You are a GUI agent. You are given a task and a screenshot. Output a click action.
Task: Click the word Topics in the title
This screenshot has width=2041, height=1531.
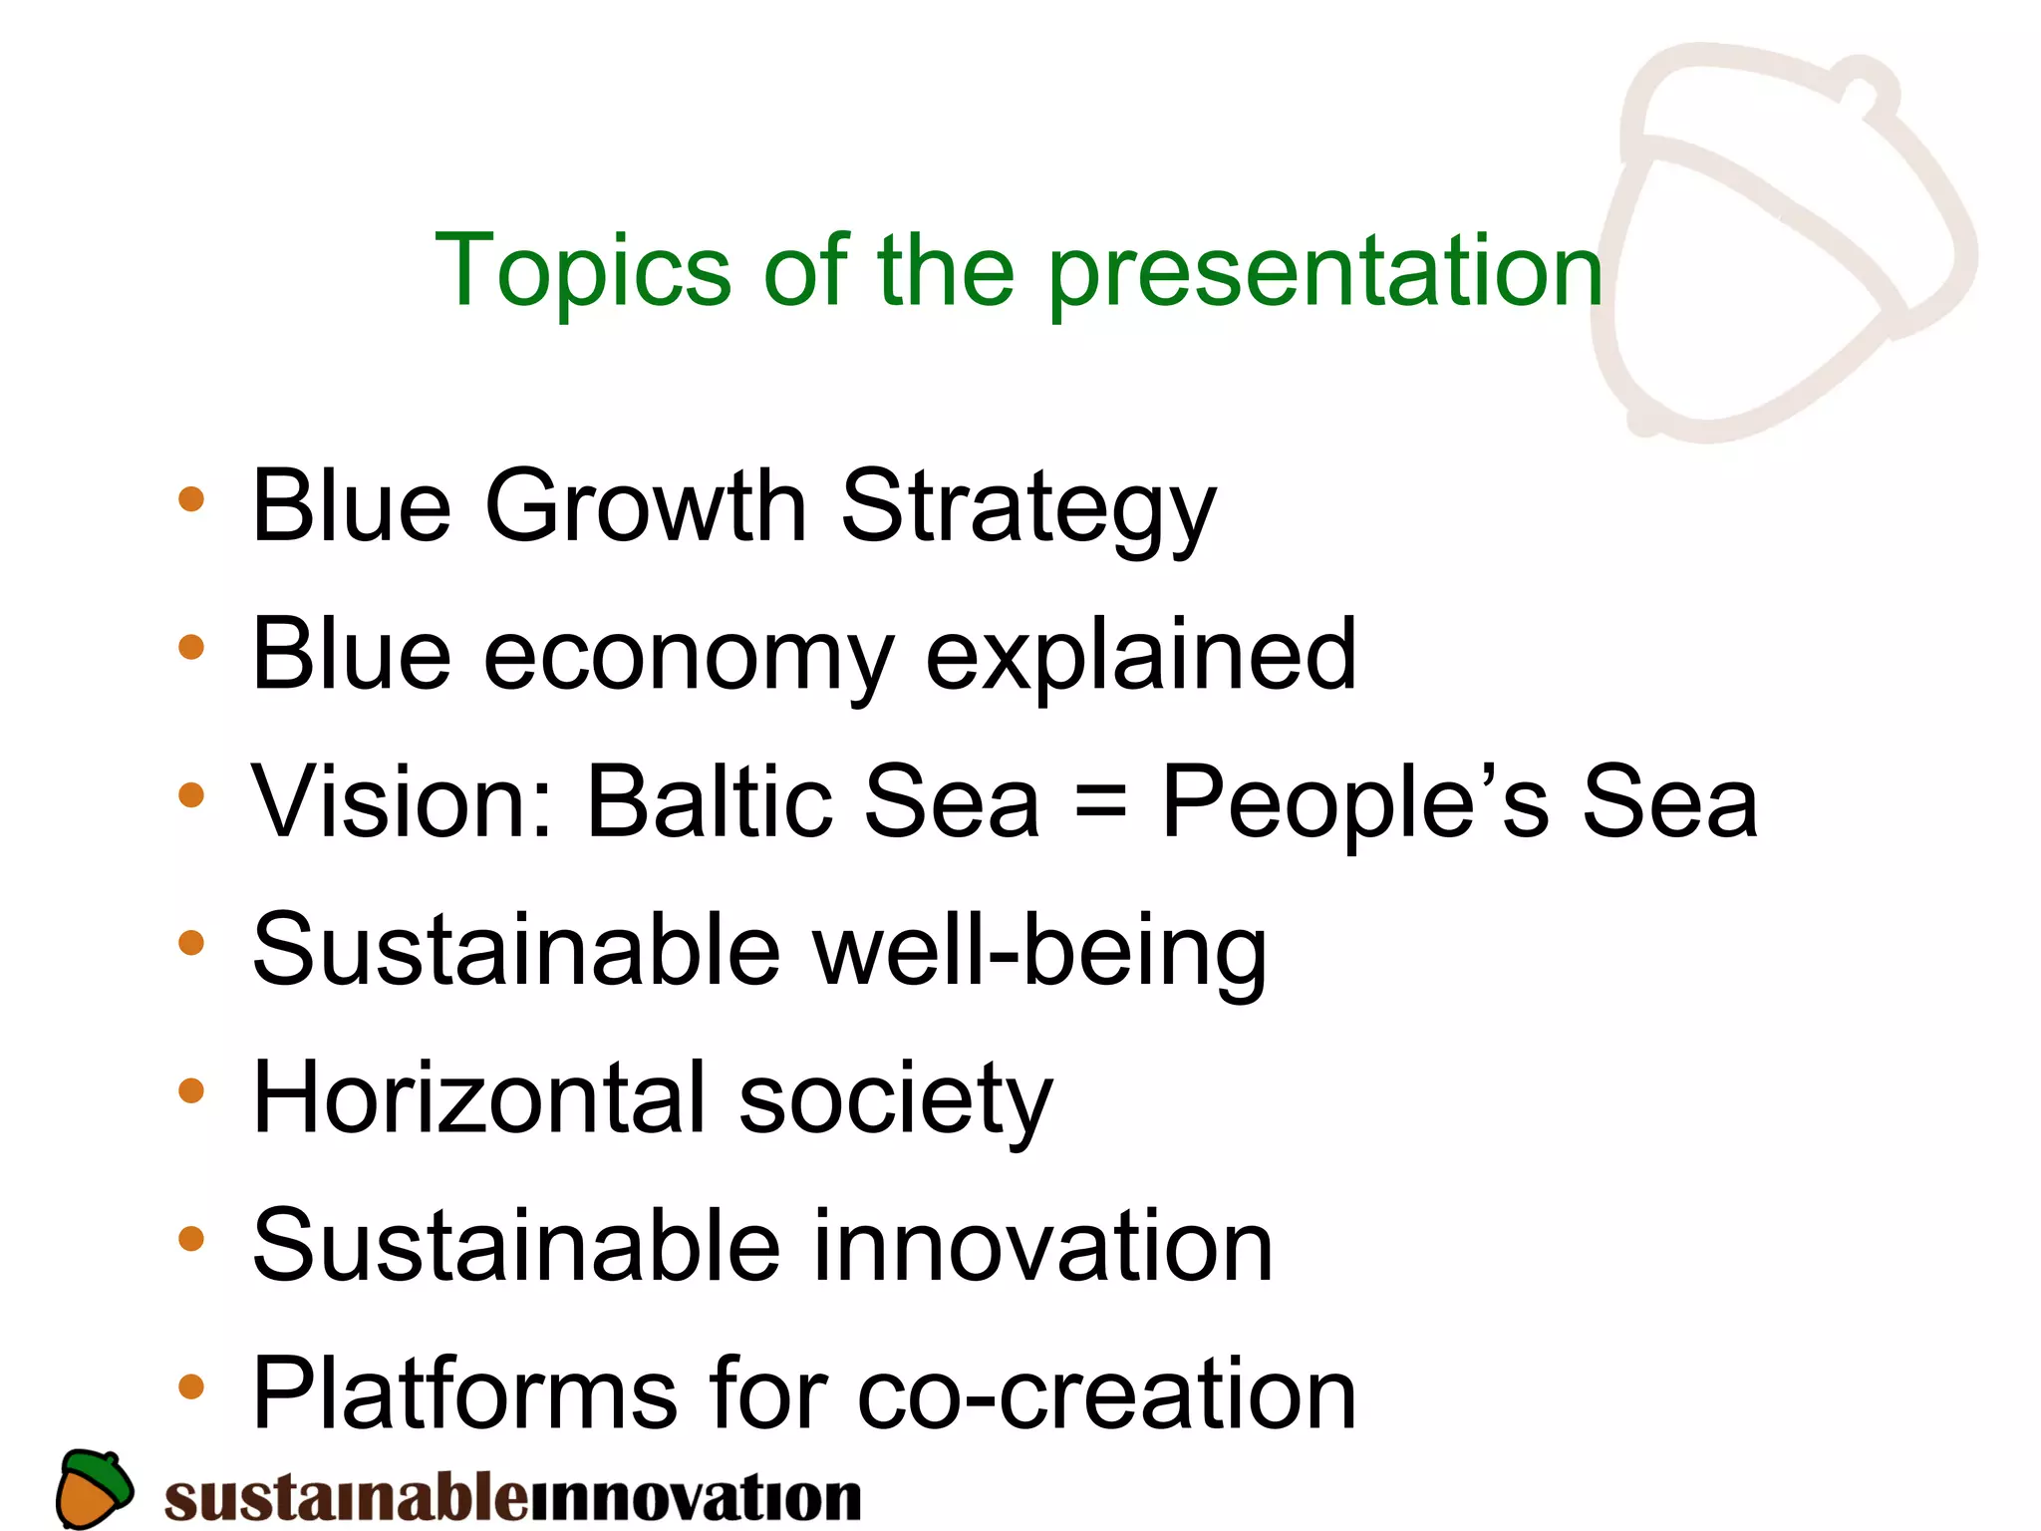583,271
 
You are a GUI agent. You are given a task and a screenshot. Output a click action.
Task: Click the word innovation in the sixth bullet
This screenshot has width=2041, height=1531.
1042,1246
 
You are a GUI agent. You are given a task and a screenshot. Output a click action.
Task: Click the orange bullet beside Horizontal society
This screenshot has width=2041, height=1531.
190,1090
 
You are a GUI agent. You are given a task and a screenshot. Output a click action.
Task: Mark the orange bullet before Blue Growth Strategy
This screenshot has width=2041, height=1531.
190,499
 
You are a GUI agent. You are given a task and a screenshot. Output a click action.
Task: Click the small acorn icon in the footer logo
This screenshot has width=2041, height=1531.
94,1488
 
